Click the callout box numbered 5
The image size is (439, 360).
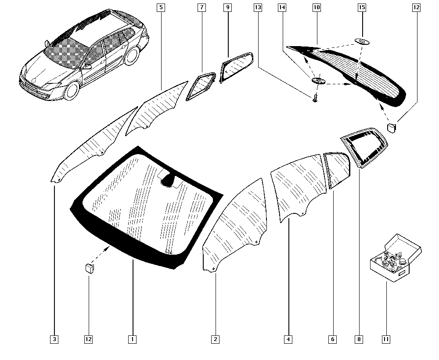click(x=161, y=7)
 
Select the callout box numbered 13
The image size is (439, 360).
click(x=258, y=7)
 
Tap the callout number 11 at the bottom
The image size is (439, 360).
click(x=386, y=339)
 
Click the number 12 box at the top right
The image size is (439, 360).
click(x=416, y=7)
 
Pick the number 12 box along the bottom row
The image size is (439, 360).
click(x=88, y=339)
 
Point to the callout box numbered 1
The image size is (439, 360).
click(x=132, y=339)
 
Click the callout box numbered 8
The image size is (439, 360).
click(x=359, y=339)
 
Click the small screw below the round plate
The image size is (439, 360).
click(x=315, y=98)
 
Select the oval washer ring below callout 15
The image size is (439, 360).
click(x=362, y=42)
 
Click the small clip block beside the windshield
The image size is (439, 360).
click(x=90, y=268)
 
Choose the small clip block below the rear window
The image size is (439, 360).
click(x=392, y=128)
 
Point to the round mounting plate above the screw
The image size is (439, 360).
click(x=319, y=81)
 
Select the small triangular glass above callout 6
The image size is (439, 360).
click(x=337, y=169)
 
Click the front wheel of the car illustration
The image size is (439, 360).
click(x=71, y=90)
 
